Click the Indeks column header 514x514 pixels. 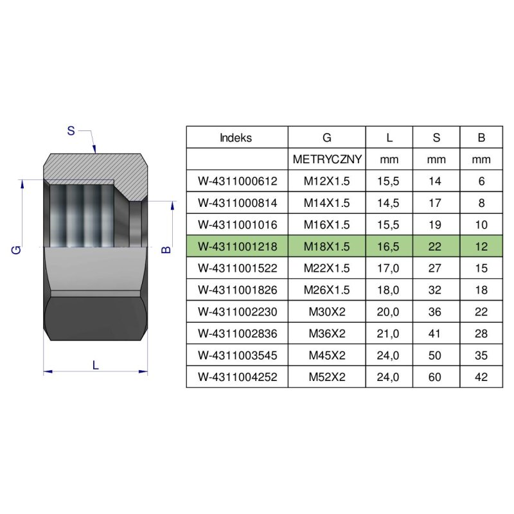click(x=236, y=137)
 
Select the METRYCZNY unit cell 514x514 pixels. click(x=327, y=159)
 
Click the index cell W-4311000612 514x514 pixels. click(x=238, y=181)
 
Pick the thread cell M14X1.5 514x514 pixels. click(x=327, y=203)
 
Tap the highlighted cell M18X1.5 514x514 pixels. click(x=327, y=247)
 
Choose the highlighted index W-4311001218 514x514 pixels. click(x=238, y=247)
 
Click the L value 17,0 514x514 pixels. click(x=388, y=268)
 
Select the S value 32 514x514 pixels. click(x=435, y=290)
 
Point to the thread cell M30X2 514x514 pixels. click(x=327, y=312)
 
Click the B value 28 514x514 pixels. click(x=481, y=333)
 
